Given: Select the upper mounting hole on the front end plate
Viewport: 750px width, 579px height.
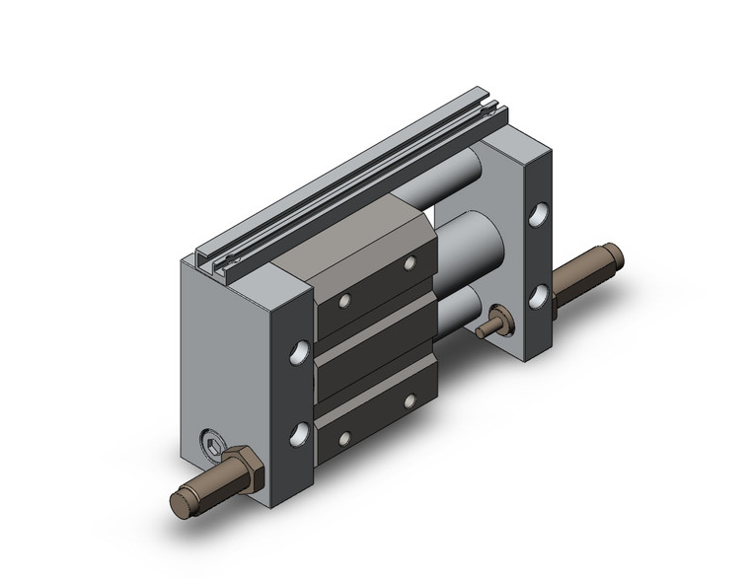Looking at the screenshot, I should pos(298,351).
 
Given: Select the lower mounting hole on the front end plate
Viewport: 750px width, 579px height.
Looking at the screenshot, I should pos(298,432).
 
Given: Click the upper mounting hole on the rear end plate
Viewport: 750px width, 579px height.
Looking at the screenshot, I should pos(537,213).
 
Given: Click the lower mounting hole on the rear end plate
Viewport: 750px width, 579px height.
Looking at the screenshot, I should pos(537,293).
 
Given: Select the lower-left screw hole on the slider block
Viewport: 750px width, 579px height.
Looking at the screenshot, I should pos(345,437).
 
